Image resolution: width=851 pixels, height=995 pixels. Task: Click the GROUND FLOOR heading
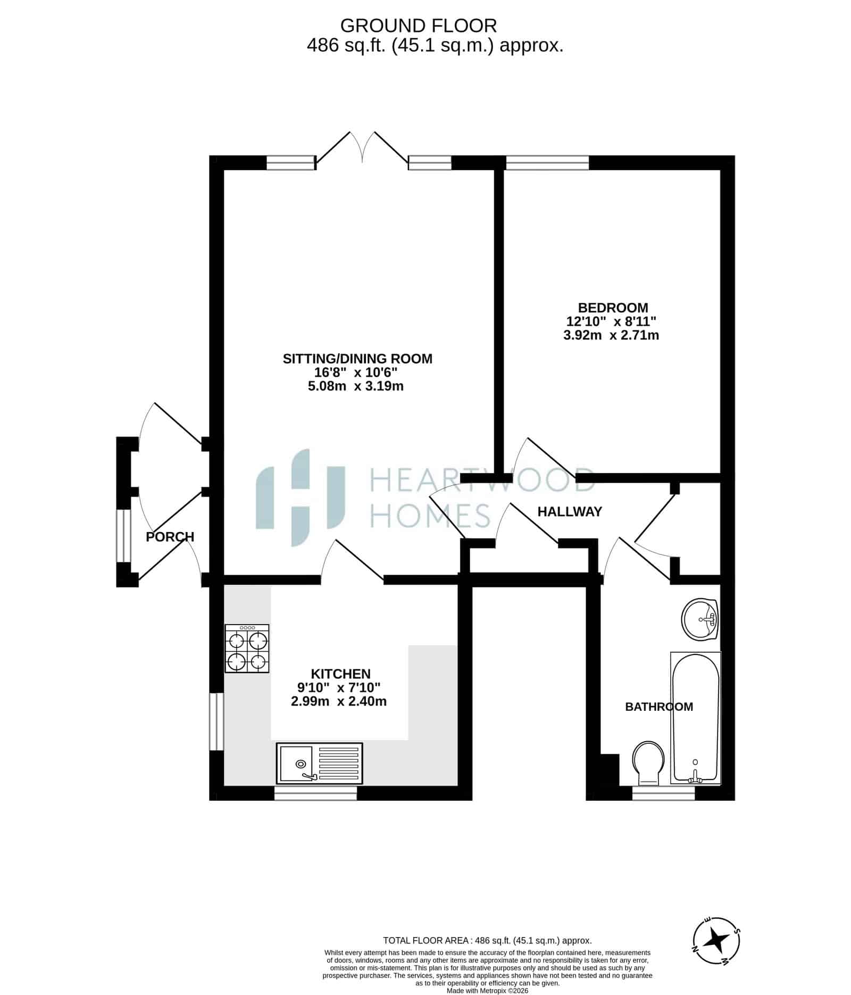tap(418, 26)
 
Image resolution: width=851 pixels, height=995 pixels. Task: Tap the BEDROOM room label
tap(613, 308)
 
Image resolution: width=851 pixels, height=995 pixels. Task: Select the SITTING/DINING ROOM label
tap(357, 359)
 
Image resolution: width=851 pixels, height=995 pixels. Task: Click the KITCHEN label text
tap(340, 674)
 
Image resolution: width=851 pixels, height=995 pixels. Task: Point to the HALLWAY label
tap(570, 511)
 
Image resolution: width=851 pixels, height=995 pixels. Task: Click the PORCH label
tap(170, 537)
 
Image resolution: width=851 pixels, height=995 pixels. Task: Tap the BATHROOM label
tap(659, 707)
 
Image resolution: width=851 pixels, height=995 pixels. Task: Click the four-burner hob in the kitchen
tap(247, 648)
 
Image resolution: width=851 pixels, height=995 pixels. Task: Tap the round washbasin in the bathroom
tap(699, 619)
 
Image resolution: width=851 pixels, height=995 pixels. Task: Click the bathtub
tap(696, 718)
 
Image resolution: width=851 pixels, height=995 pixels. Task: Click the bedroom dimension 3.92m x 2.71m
tap(611, 335)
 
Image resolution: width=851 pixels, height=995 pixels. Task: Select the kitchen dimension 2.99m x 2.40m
tap(339, 701)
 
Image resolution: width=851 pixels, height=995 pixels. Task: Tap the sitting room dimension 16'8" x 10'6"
tap(356, 372)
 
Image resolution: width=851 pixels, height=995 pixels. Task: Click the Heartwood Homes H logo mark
tap(301, 497)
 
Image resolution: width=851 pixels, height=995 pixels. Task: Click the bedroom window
tap(547, 162)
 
